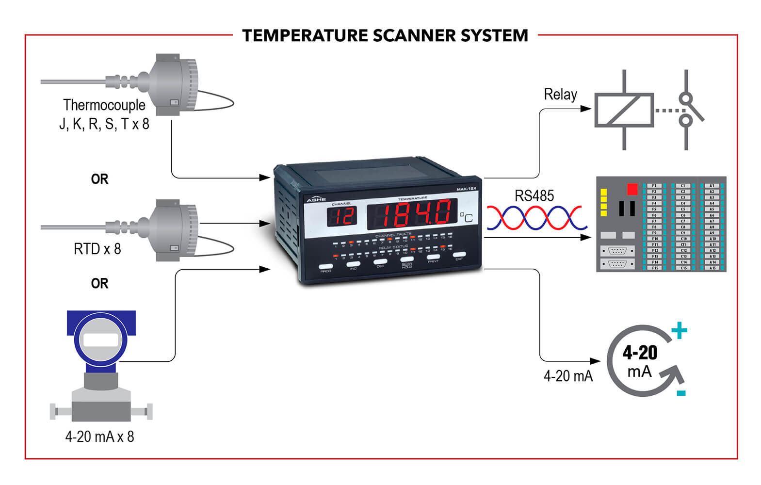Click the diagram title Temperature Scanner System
385,35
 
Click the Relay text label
560,94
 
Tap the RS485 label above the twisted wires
534,196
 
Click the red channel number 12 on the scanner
343,216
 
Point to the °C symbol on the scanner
466,217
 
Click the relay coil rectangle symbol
624,110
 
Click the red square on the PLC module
632,189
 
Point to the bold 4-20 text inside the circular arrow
640,353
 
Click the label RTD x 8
97,249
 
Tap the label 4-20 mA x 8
99,436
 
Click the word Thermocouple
104,105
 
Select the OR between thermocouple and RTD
99,179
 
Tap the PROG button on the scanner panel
326,267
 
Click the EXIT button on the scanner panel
459,255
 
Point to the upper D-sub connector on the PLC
617,251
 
